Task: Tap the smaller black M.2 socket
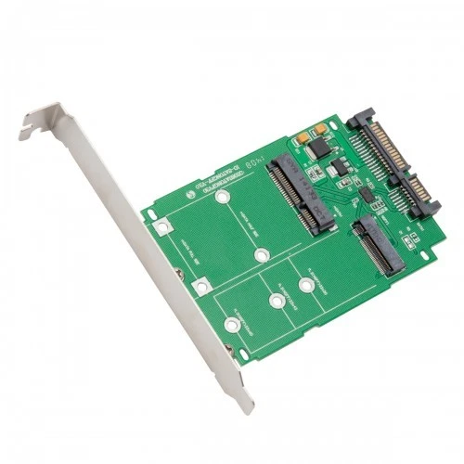[x=378, y=240]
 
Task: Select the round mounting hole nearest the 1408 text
[x=221, y=198]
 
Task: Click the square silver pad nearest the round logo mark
[x=162, y=226]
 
